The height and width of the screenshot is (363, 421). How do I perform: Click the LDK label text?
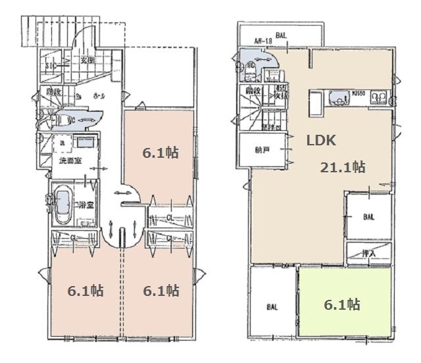pos(321,140)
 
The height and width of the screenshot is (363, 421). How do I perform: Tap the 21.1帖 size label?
pos(342,167)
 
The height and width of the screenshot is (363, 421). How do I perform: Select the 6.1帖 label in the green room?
pos(342,304)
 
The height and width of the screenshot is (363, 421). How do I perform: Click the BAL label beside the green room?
pos(272,306)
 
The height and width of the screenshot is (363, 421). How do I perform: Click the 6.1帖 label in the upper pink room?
pos(161,153)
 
